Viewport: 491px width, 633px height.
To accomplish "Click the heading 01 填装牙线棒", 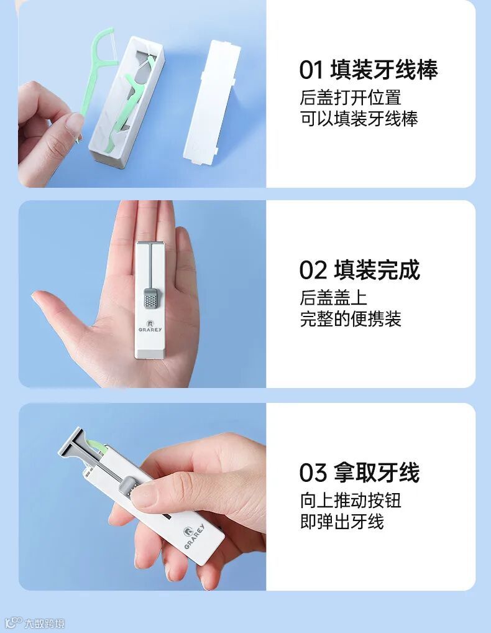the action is pyautogui.click(x=369, y=70).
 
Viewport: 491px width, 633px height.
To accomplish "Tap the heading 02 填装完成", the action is pyautogui.click(x=359, y=270).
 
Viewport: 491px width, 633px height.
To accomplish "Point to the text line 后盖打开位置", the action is pyautogui.click(x=350, y=97).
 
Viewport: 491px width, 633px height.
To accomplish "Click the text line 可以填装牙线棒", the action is pyautogui.click(x=359, y=119).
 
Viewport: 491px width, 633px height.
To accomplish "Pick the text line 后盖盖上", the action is pyautogui.click(x=333, y=298).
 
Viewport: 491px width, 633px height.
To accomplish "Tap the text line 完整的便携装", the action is pyautogui.click(x=350, y=319).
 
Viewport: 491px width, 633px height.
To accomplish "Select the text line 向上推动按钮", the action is pyautogui.click(x=350, y=500).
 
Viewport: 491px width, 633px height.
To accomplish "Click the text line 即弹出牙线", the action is pyautogui.click(x=342, y=521).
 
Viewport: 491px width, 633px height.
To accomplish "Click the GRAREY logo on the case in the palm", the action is pyautogui.click(x=150, y=326).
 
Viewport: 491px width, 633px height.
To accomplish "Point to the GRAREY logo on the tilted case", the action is pyautogui.click(x=194, y=536).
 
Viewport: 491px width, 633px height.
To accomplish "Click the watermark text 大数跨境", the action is pyautogui.click(x=44, y=624).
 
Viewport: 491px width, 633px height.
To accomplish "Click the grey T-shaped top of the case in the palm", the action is pyautogui.click(x=150, y=246).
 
